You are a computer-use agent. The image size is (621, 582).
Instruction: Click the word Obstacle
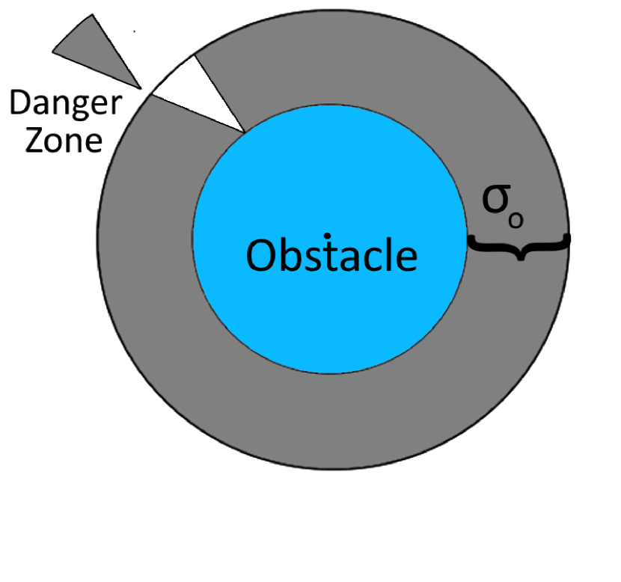(331, 256)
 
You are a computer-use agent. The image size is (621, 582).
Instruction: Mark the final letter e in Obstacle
(403, 259)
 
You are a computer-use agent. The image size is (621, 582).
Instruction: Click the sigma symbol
(495, 200)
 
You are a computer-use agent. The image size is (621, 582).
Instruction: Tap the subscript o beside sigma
(516, 220)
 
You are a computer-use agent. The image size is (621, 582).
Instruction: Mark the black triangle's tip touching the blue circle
(245, 132)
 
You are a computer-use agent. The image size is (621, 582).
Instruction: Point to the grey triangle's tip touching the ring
(142, 89)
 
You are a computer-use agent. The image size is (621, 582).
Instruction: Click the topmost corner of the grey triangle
(93, 16)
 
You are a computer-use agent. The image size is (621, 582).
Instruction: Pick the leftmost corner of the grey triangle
(55, 52)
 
